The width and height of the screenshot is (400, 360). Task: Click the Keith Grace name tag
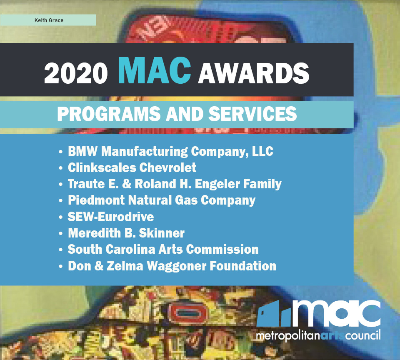[x=48, y=20]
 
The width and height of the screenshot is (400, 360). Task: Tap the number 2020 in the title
[x=76, y=73]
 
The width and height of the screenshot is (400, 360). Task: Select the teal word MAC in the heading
[x=154, y=70]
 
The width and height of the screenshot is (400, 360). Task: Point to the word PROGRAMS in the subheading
[x=109, y=114]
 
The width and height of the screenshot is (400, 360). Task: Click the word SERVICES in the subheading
[x=252, y=114]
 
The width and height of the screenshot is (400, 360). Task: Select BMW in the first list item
[x=82, y=151]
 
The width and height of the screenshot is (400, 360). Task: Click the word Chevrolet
[x=168, y=167]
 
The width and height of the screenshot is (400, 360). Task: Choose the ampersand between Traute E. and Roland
[x=127, y=184]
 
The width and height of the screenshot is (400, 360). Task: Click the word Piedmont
[x=96, y=200]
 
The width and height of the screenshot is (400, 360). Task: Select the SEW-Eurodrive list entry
[x=111, y=217]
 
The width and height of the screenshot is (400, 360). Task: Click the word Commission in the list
[x=222, y=249]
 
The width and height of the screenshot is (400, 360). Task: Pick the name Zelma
[x=125, y=265]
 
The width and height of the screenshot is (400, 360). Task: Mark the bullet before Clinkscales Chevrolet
[x=60, y=168]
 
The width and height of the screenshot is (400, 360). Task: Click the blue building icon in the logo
[x=273, y=314]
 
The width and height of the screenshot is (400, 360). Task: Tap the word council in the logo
[x=363, y=335]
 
